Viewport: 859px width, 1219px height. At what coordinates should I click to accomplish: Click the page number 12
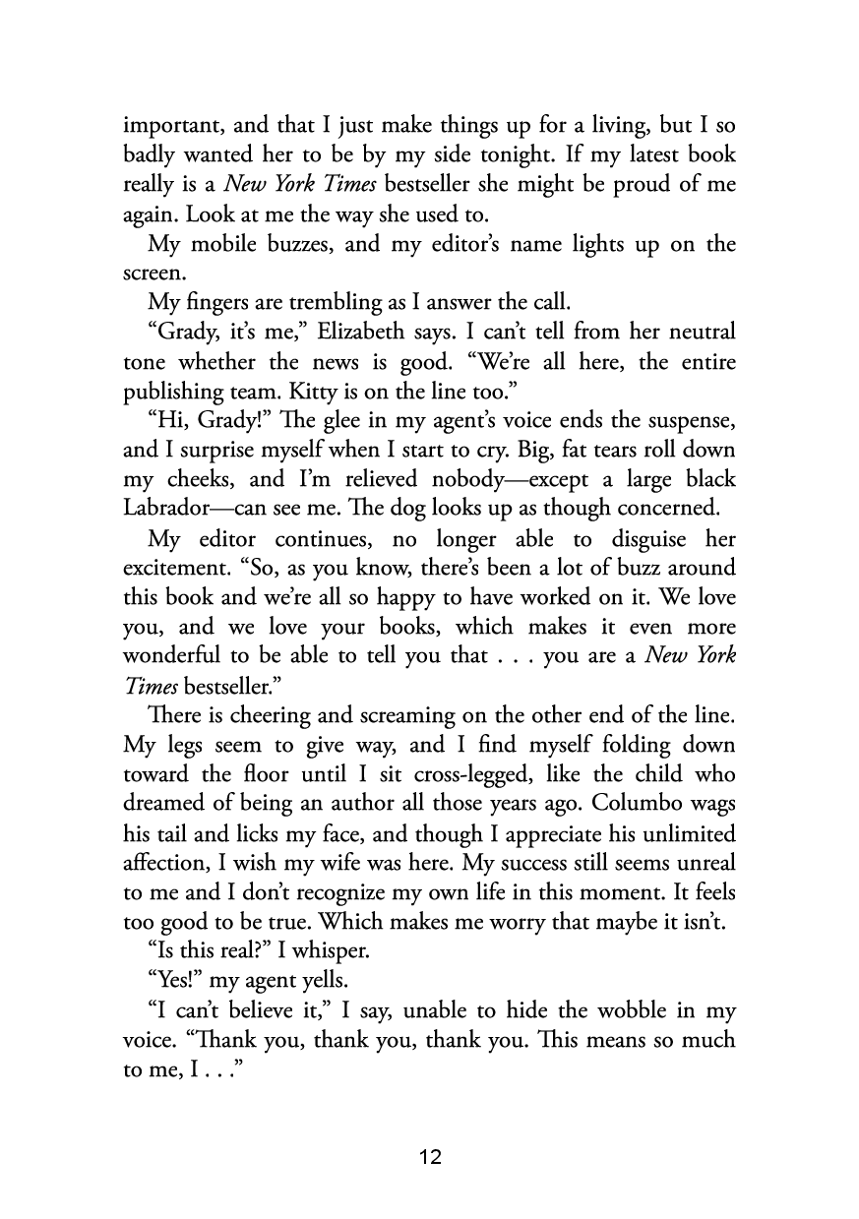click(430, 1157)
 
